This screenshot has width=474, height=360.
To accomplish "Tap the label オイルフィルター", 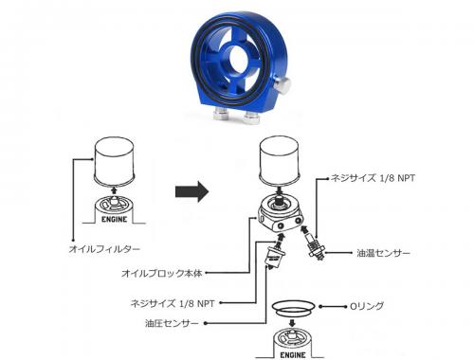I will (x=104, y=248).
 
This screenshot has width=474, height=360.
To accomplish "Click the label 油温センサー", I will (x=384, y=253).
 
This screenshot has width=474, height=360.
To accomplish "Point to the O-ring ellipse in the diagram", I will (x=294, y=309).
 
